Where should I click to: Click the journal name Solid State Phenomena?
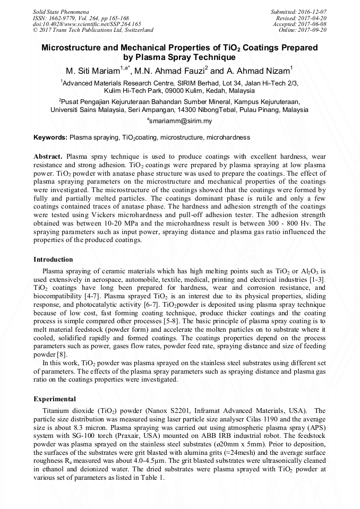[x=61, y=11]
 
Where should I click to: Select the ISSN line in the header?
[x=80, y=18]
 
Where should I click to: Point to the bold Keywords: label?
[x=50, y=137]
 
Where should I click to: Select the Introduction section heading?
[x=53, y=260]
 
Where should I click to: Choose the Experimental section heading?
[x=55, y=399]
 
